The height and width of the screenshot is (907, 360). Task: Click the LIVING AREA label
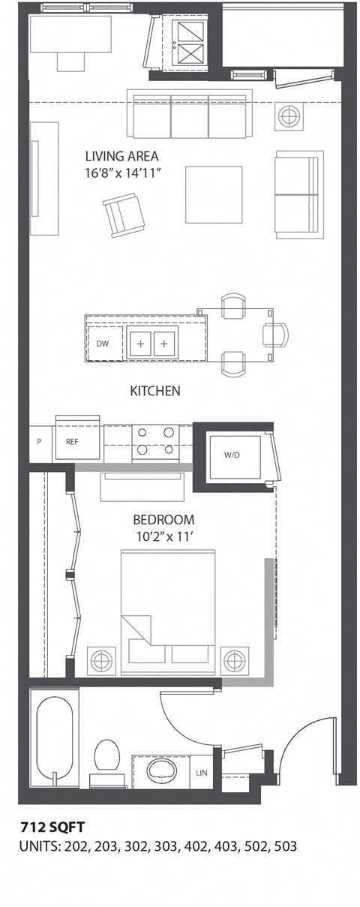click(121, 157)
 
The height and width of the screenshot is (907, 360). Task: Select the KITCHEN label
click(155, 391)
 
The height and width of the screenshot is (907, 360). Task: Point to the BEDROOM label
click(163, 519)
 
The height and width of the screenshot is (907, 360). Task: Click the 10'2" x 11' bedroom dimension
click(163, 536)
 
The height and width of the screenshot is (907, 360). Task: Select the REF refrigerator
click(73, 442)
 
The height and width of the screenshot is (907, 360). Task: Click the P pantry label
click(39, 442)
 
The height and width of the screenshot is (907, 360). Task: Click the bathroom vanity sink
click(160, 771)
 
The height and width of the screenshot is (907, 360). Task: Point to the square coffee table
click(214, 194)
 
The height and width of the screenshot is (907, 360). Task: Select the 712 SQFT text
click(52, 827)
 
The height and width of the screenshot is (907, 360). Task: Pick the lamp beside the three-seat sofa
click(288, 116)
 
